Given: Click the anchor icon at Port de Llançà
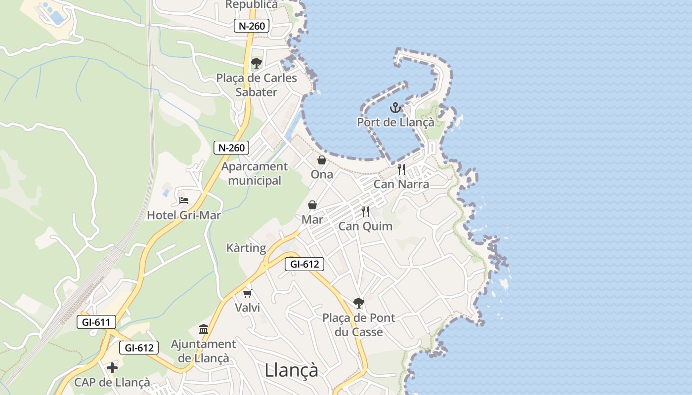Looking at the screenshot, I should pos(395,107).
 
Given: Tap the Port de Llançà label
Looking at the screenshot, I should pos(395,122).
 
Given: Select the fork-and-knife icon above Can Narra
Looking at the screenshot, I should pos(401,169).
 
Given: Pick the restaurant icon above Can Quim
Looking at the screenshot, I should pos(365,212).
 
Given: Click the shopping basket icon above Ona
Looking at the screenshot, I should pos(322,160).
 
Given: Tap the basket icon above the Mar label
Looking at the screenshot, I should pos(312,205).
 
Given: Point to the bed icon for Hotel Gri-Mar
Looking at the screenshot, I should pos(184,200).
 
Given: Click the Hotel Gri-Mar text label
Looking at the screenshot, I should pos(184,215).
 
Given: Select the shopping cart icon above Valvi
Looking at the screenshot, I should pos(248,293).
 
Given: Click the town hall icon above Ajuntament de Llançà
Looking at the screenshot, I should pos(204,329).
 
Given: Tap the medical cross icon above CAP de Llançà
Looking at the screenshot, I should pos(112,367).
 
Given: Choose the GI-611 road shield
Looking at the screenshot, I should pos(96,323).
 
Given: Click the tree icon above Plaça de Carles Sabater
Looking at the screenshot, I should pos(256,63).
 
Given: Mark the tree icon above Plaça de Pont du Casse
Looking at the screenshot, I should pos(359,303).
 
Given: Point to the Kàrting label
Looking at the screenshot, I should pos(246,248).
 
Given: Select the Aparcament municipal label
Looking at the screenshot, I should pos(255,174).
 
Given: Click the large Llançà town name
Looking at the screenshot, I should pos(292,370).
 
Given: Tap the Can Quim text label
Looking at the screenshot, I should pos(365,226).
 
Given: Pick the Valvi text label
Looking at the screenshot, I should pos(247,308).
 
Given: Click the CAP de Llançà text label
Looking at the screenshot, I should pos(112,383).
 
